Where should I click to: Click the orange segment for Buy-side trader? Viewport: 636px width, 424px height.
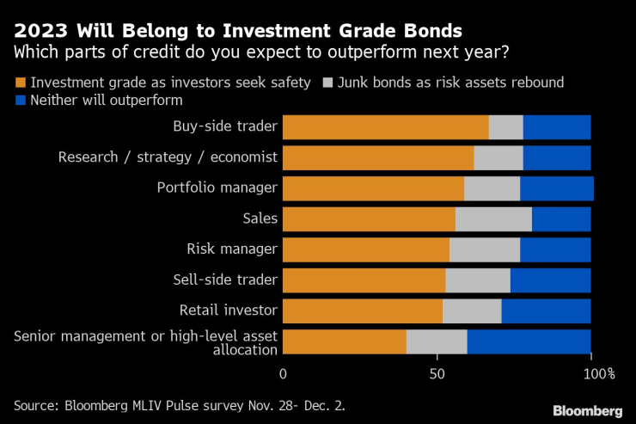point(385,127)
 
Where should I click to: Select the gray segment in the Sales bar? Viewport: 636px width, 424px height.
point(493,219)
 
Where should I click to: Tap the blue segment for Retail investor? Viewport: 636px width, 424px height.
point(546,311)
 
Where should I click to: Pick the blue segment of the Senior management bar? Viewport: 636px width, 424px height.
point(529,341)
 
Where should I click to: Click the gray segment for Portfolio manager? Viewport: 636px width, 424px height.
point(492,188)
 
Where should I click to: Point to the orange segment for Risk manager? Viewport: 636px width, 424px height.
point(365,249)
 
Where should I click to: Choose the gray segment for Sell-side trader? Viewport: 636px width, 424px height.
point(478,280)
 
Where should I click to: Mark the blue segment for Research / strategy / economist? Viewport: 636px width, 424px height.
point(557,158)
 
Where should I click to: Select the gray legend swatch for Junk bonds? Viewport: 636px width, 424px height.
point(327,83)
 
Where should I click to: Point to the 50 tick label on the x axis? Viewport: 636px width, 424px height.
point(437,374)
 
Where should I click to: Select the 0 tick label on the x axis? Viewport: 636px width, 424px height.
point(283,374)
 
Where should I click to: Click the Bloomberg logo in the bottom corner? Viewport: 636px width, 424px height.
point(587,410)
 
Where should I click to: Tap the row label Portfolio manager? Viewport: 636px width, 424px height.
point(217,187)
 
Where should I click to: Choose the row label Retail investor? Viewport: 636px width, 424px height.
point(228,310)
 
